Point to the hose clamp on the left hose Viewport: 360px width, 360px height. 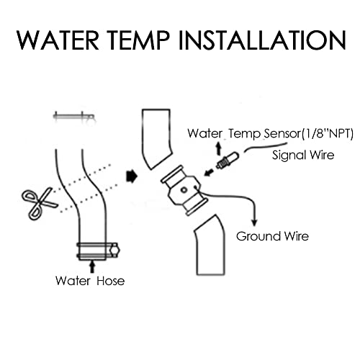click(x=96, y=252)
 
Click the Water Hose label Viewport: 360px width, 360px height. click(x=90, y=281)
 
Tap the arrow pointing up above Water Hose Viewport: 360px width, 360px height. click(x=91, y=266)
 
